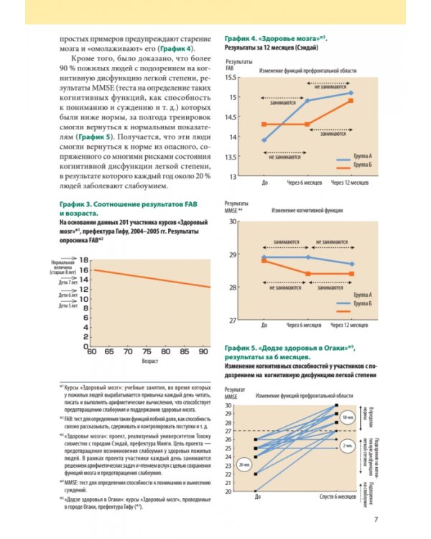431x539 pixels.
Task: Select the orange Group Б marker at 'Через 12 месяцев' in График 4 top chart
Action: click(x=351, y=101)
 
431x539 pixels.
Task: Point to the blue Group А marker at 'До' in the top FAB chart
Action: click(x=264, y=140)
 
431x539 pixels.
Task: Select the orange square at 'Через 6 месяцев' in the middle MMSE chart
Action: click(x=307, y=274)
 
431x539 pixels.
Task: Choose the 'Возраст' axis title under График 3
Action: click(x=149, y=362)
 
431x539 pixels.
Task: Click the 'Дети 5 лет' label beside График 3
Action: click(x=68, y=305)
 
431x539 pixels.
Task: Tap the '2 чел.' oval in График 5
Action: click(x=347, y=446)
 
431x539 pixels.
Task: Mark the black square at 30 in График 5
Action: click(x=335, y=405)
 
